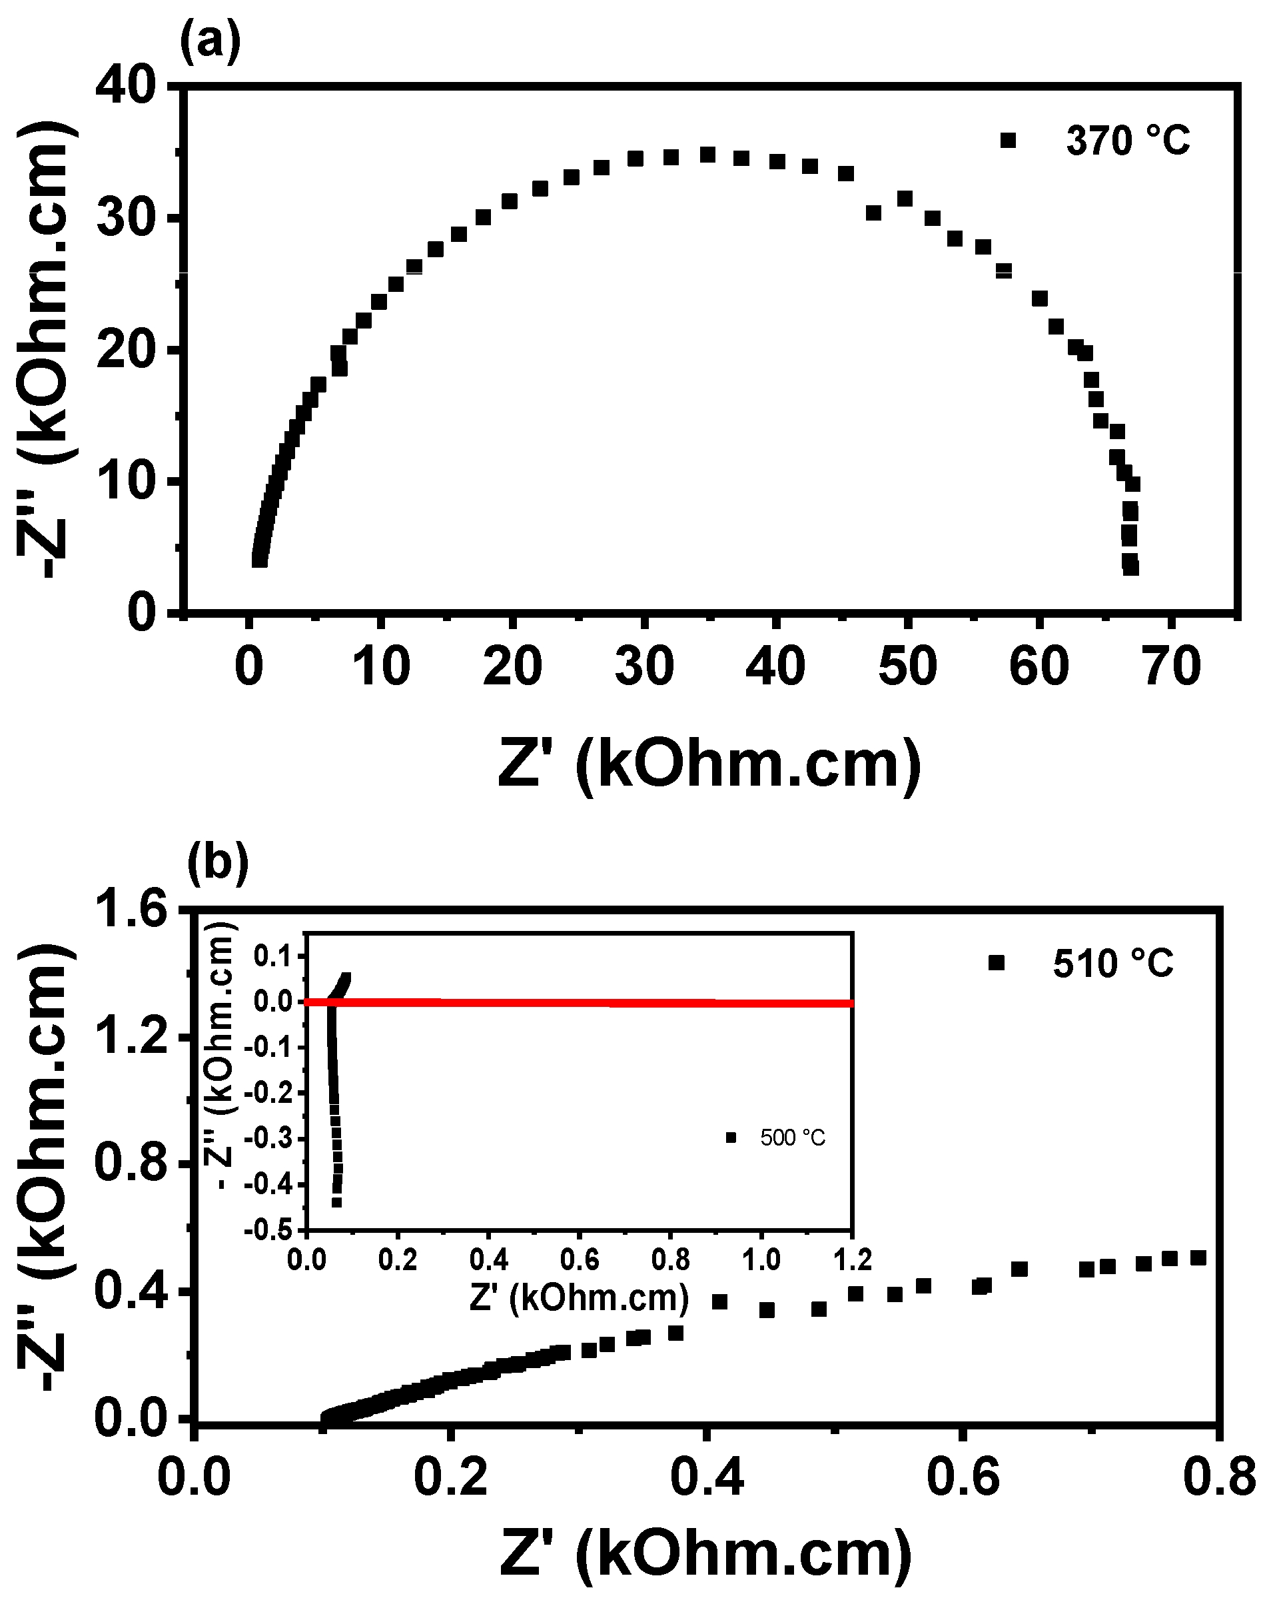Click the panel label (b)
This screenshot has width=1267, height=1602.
217,864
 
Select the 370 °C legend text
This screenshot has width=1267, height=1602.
1128,140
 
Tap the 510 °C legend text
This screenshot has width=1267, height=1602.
1112,964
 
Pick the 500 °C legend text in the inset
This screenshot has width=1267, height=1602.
792,1138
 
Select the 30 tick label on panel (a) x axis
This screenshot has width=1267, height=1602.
645,666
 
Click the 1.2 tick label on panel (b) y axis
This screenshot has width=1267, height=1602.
131,1036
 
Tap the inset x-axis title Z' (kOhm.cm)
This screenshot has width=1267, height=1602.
579,1297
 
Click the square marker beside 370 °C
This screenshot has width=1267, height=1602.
1008,140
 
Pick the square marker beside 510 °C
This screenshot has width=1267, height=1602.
997,963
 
